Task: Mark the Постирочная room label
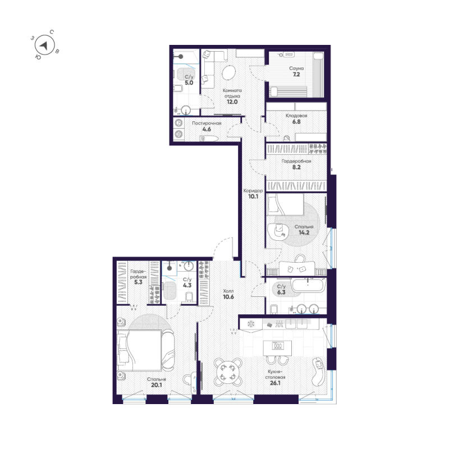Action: pos(206,123)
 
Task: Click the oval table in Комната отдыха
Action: pos(229,74)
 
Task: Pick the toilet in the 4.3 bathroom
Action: pos(189,297)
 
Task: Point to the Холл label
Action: pos(228,291)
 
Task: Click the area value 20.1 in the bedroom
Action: pos(157,385)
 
